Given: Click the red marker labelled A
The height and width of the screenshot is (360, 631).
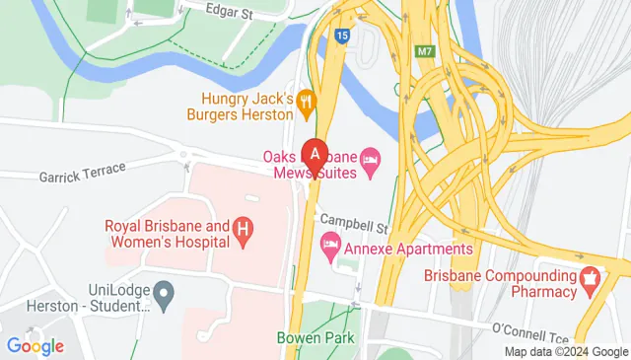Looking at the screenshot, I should tap(315, 156).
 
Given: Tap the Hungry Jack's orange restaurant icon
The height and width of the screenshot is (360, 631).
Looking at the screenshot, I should tap(307, 99).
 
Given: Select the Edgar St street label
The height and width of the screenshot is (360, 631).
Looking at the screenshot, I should tap(231, 11).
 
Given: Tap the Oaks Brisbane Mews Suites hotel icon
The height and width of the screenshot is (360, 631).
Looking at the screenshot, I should tap(371, 159).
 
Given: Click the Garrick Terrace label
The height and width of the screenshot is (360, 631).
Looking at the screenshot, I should tap(83, 172).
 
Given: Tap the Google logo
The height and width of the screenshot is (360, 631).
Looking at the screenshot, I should tap(35, 345).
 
